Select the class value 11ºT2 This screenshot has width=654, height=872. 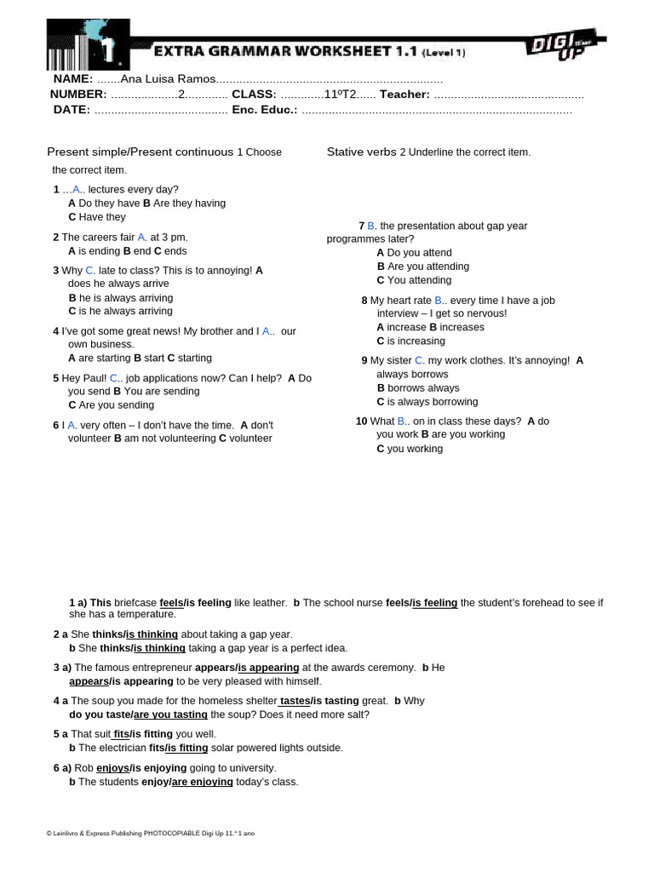tap(340, 95)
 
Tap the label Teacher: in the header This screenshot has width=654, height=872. tap(404, 95)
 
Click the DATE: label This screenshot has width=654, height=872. tap(72, 110)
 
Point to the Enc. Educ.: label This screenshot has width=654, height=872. tap(264, 110)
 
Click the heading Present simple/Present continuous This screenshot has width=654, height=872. tap(140, 152)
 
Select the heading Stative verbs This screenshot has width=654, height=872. tap(361, 152)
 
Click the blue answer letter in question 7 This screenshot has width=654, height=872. tap(371, 226)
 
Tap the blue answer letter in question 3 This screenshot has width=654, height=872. tap(89, 271)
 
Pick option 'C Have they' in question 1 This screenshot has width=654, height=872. tap(97, 217)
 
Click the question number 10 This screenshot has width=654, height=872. tap(361, 422)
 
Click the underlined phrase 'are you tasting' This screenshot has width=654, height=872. tap(170, 714)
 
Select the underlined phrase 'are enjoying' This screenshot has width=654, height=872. tap(202, 782)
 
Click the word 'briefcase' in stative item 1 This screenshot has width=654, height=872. tap(135, 603)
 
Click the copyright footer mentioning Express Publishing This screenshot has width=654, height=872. tap(150, 833)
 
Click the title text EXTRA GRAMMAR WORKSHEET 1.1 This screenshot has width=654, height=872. tap(285, 52)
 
